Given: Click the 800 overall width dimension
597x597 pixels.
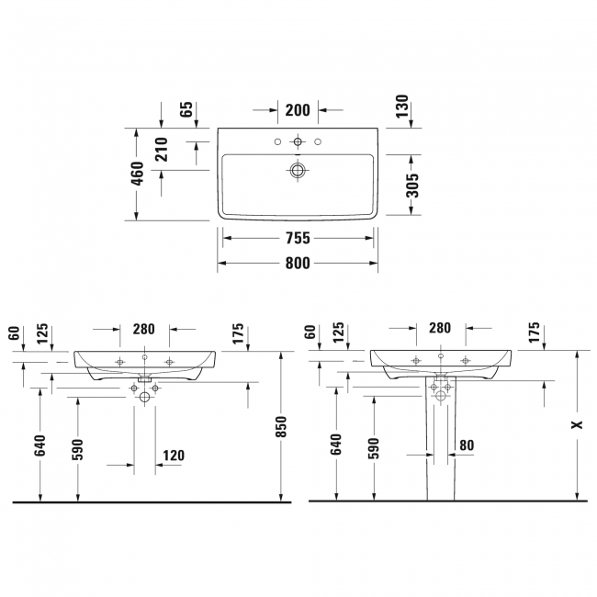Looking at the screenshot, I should pos(298,264).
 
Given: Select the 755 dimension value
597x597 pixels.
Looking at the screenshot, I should pos(298,238).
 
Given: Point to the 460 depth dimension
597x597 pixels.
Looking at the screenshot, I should pos(137,174).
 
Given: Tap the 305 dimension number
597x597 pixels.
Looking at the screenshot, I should pos(412,186).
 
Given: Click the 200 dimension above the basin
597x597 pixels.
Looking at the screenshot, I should pos(297,110).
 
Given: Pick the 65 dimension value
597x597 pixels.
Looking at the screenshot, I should pos(186,110).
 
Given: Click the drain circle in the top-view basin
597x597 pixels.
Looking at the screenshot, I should pos(297,170).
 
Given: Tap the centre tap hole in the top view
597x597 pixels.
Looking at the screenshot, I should pos(297,142).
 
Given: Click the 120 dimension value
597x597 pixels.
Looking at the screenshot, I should pos(174,455).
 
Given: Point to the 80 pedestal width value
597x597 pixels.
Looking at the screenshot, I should pos(467,445).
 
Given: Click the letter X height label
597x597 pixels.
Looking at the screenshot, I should pos(576,424).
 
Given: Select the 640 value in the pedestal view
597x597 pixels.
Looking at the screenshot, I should pos(335,445).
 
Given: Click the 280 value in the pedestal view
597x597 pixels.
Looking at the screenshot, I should pos(440,327).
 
